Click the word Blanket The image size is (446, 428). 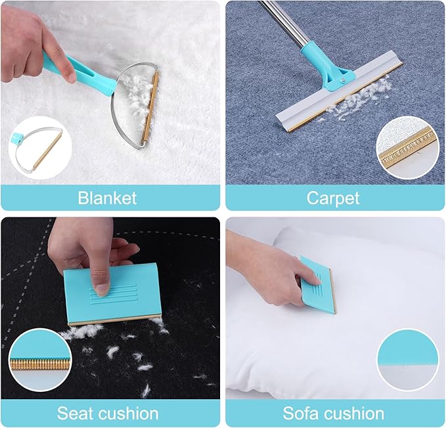(107, 198)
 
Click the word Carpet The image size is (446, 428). (333, 198)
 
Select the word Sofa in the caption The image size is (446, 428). (300, 413)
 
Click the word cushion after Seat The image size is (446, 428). (129, 413)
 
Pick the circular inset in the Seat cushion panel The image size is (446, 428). (40, 360)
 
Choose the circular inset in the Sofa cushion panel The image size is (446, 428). (408, 360)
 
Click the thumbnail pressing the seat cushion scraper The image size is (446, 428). (102, 289)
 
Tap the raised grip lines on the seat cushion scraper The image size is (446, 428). (113, 294)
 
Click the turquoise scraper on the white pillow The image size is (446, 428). (319, 285)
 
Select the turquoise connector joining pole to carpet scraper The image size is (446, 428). (328, 68)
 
